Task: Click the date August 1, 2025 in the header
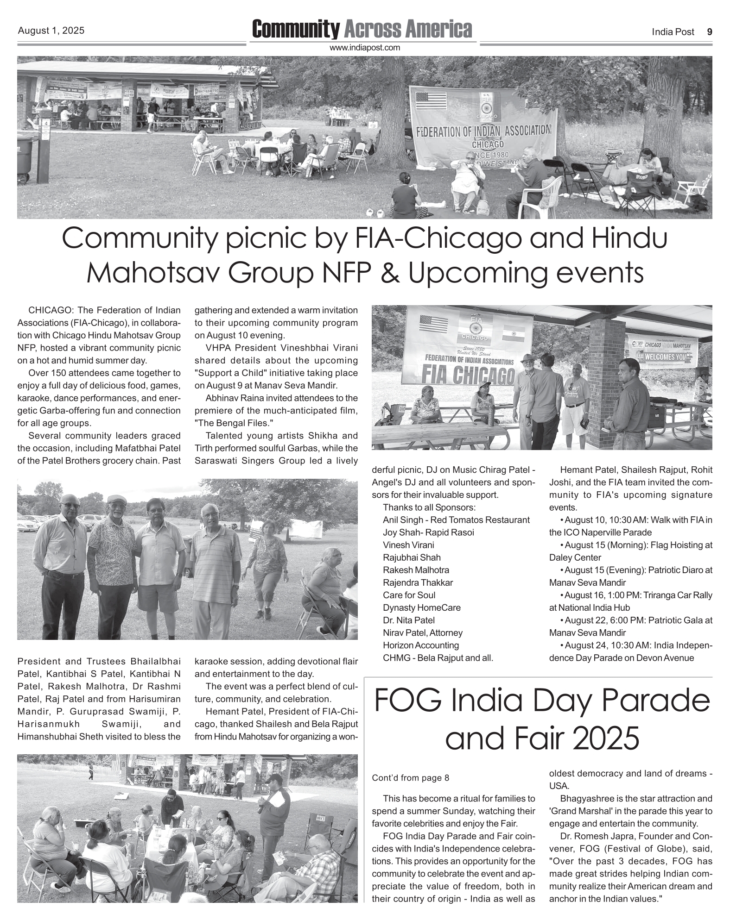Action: pyautogui.click(x=51, y=31)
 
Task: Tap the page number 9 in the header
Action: pyautogui.click(x=709, y=31)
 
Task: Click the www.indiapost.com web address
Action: pyautogui.click(x=364, y=48)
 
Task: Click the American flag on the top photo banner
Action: pyautogui.click(x=431, y=100)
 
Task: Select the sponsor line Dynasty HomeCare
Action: pyautogui.click(x=421, y=607)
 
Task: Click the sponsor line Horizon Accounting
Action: pyautogui.click(x=420, y=645)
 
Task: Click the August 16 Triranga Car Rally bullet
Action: pyautogui.click(x=630, y=601)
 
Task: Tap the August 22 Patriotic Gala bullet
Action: pyautogui.click(x=630, y=626)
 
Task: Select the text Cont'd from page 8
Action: pyautogui.click(x=410, y=777)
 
